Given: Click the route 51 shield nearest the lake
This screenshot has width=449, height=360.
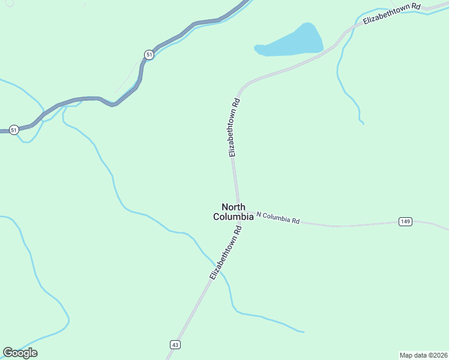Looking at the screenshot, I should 149,55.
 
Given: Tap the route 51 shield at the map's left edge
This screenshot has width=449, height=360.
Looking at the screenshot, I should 14,130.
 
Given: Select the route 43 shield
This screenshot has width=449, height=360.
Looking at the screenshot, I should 175,344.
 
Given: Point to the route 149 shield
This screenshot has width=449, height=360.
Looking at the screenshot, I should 405,222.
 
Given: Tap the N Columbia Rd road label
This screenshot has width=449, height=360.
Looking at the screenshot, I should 278,217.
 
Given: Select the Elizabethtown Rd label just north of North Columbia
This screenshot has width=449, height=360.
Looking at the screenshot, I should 234,128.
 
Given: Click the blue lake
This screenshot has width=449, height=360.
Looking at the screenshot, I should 291,42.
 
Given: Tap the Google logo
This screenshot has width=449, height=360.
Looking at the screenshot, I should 20,353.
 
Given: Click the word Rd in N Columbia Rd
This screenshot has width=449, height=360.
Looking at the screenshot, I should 295,221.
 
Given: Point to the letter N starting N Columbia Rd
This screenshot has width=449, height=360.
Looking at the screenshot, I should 259,214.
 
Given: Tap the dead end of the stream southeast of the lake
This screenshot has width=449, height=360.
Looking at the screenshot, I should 363,124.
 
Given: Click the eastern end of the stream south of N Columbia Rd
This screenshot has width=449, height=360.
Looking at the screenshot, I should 303,331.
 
